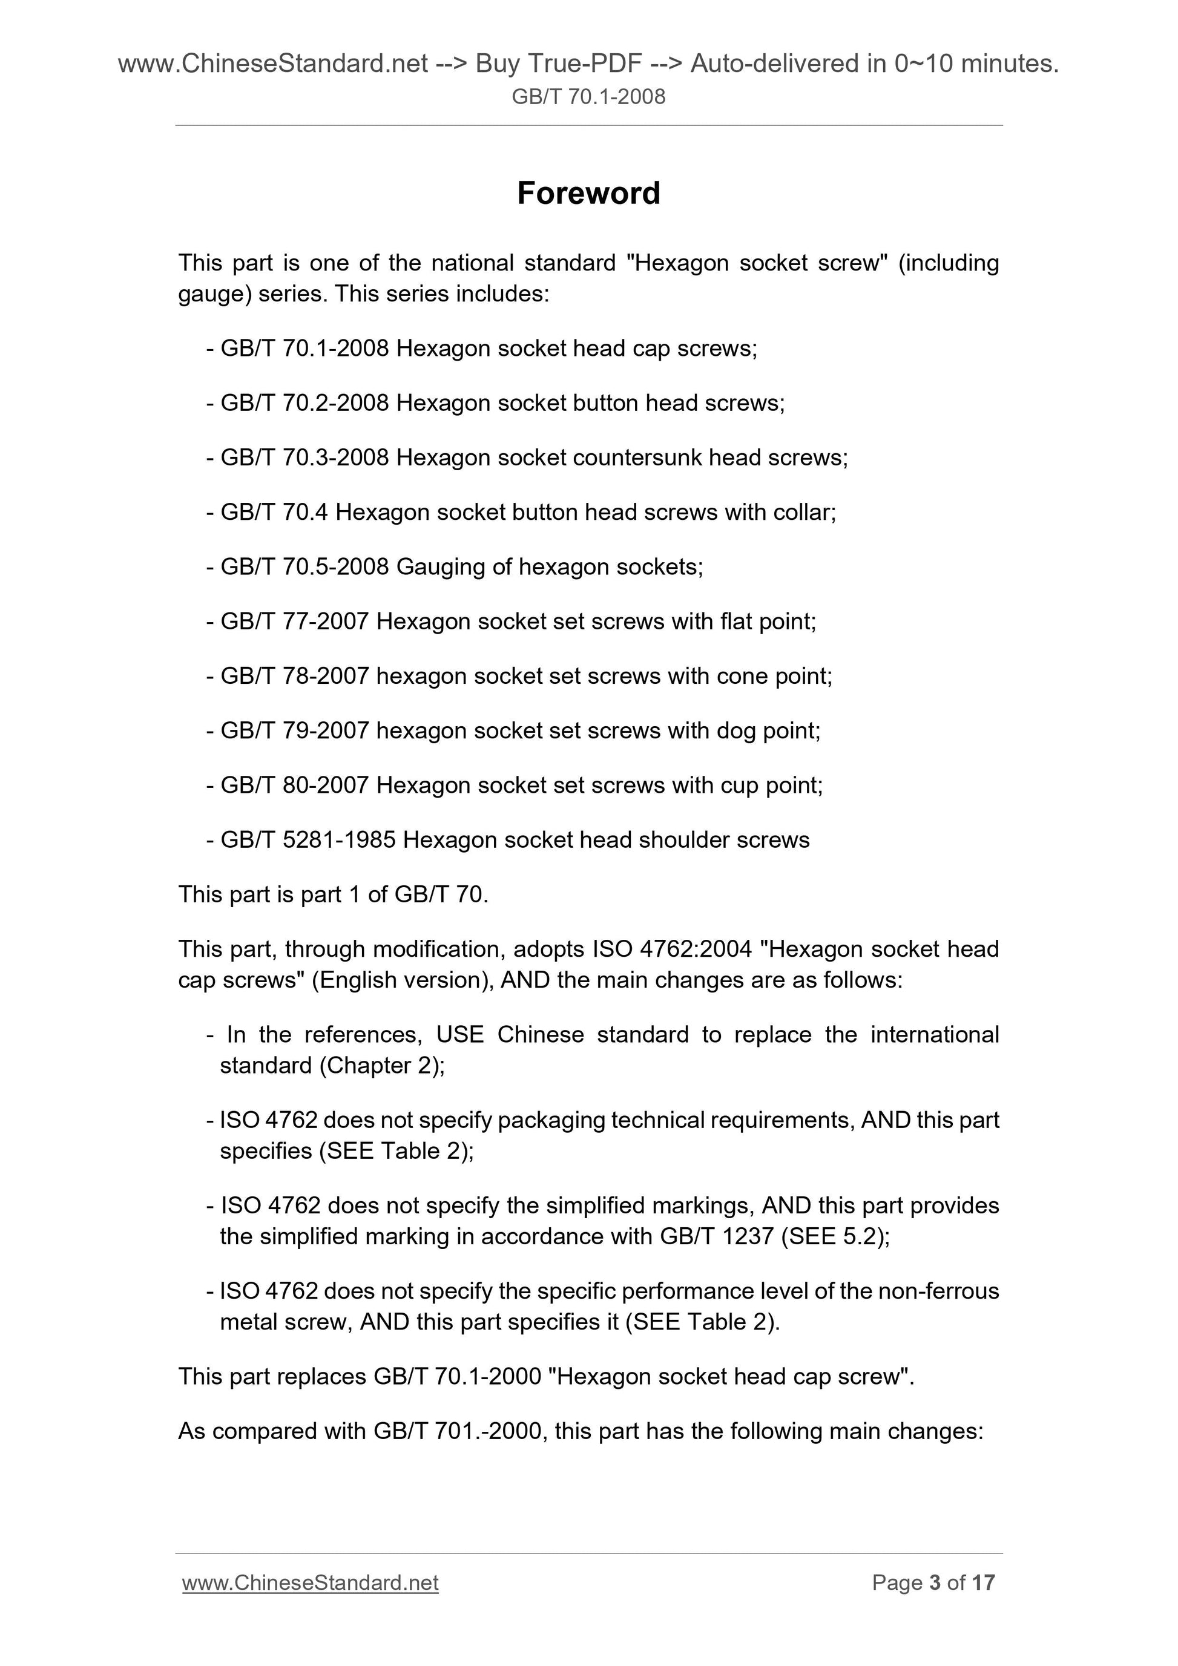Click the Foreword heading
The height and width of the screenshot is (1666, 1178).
(588, 194)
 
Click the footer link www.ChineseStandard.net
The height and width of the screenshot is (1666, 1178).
(310, 1582)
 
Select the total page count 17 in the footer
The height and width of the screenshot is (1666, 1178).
(984, 1582)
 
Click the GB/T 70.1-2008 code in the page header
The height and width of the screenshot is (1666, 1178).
(588, 96)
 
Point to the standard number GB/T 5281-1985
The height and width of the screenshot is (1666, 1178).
(308, 839)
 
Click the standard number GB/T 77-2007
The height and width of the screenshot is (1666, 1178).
(295, 621)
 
